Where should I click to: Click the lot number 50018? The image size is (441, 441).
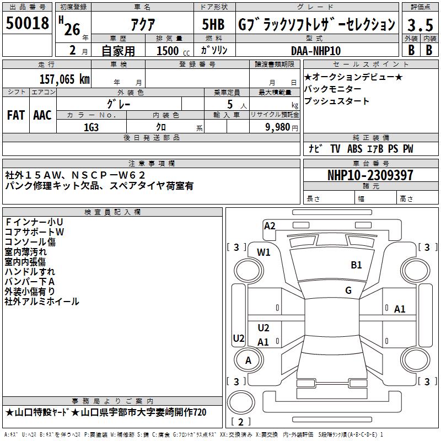[x=28, y=24]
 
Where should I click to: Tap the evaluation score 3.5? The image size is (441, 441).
[x=419, y=25]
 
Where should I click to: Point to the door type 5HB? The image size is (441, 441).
[x=213, y=25]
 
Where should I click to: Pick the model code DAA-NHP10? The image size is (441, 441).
[x=315, y=51]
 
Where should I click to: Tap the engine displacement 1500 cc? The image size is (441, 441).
[x=171, y=51]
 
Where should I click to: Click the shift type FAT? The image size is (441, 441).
[x=16, y=115]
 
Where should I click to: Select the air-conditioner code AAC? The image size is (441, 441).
[x=42, y=115]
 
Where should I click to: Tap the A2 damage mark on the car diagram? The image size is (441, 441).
[x=270, y=225]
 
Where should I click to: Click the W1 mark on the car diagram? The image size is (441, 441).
[x=264, y=252]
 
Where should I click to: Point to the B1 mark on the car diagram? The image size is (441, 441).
[x=356, y=265]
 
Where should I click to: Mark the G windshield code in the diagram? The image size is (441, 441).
[x=348, y=291]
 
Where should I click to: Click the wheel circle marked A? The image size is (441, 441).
[x=248, y=361]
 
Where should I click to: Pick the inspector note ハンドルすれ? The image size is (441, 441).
[x=30, y=272]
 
